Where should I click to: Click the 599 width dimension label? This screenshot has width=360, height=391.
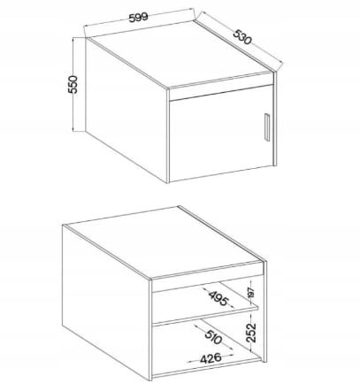point(135,17)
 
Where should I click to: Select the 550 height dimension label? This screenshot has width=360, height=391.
point(74,84)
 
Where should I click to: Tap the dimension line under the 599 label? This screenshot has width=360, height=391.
point(137,27)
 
